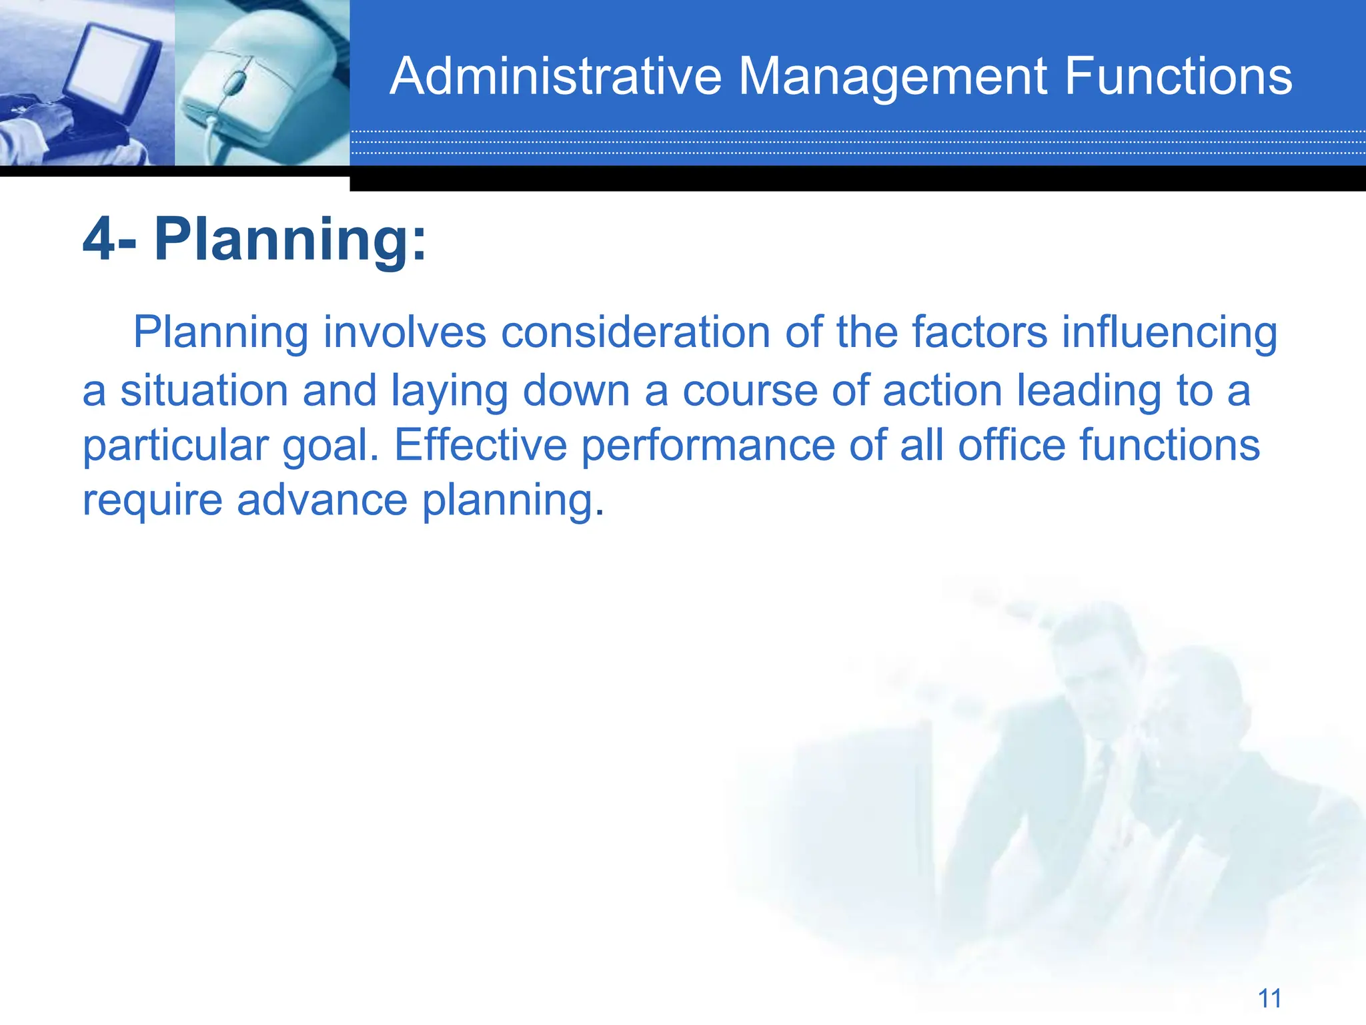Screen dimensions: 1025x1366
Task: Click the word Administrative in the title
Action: [x=556, y=76]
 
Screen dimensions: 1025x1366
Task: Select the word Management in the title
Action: [x=892, y=76]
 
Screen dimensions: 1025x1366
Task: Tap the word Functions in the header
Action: [x=1178, y=76]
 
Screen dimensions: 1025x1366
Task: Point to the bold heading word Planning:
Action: [x=290, y=240]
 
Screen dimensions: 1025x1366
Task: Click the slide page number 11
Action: [x=1269, y=998]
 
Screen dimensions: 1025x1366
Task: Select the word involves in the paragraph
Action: [x=405, y=332]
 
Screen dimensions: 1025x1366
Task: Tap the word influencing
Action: [x=1169, y=332]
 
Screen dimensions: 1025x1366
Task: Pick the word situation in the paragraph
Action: [x=203, y=390]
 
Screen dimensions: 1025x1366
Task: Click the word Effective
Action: [x=480, y=445]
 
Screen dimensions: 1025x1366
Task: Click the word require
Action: [x=152, y=501]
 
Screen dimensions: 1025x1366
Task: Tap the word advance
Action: [x=321, y=500]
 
